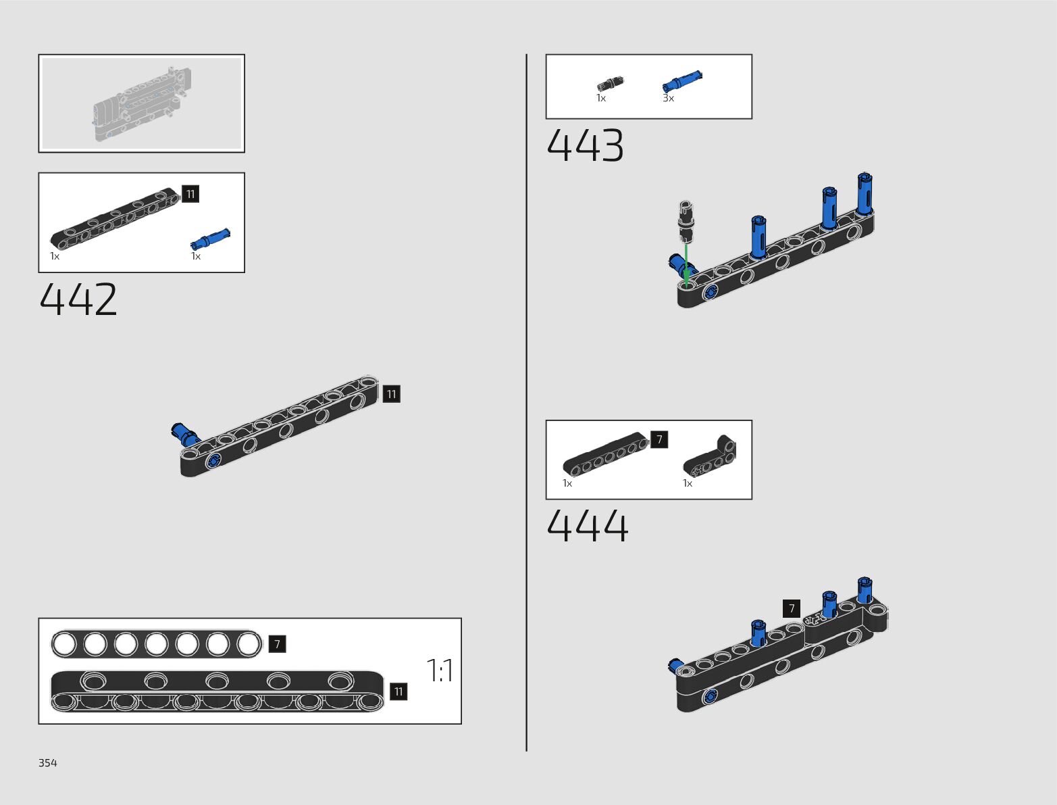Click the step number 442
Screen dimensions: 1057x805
pyautogui.click(x=78, y=300)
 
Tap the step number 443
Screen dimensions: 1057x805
pyautogui.click(x=585, y=146)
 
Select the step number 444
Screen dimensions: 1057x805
pyautogui.click(x=587, y=526)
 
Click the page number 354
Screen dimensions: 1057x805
pyautogui.click(x=48, y=763)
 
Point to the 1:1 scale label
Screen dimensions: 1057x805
pyautogui.click(x=440, y=670)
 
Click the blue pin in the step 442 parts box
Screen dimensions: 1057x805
pyautogui.click(x=211, y=239)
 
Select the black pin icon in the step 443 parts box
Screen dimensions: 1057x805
pyautogui.click(x=610, y=84)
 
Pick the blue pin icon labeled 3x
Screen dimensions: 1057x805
pyautogui.click(x=682, y=81)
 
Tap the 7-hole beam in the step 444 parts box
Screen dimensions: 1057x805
pyautogui.click(x=605, y=454)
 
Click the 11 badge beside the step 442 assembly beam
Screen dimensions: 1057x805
pyautogui.click(x=392, y=394)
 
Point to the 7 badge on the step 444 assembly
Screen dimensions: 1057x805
pyautogui.click(x=792, y=608)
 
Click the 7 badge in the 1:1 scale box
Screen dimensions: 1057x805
pyautogui.click(x=277, y=644)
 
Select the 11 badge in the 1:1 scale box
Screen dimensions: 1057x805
pyautogui.click(x=398, y=691)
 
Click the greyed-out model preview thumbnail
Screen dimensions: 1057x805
pyautogui.click(x=142, y=103)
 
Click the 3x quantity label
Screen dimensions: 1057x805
pyautogui.click(x=668, y=99)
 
